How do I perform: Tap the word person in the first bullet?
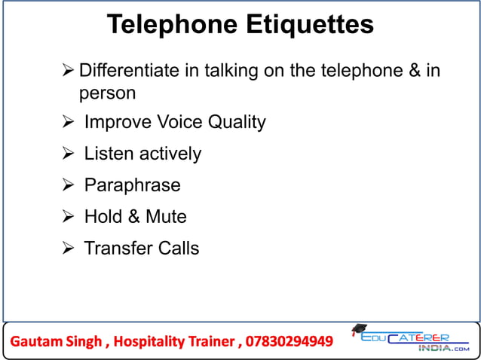(x=108, y=94)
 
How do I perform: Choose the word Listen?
(x=107, y=154)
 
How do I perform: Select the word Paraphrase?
(x=132, y=185)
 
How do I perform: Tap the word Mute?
(x=166, y=217)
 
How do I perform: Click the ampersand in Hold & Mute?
(x=134, y=217)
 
